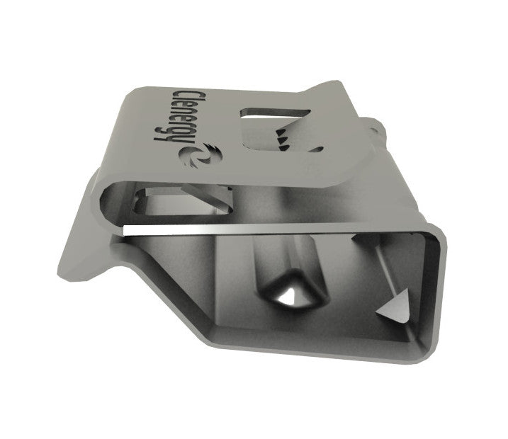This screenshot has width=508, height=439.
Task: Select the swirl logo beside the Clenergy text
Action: pyautogui.click(x=198, y=154)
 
